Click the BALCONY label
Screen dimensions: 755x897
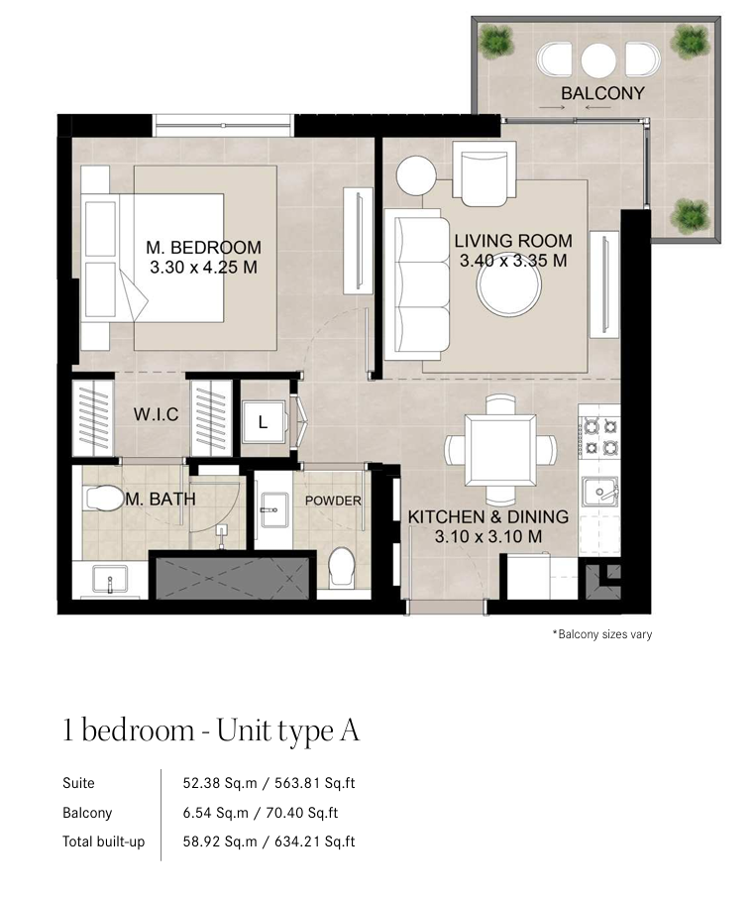click(602, 93)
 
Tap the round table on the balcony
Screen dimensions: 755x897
click(598, 59)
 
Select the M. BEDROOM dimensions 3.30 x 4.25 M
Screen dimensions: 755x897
click(204, 268)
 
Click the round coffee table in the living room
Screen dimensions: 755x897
click(509, 287)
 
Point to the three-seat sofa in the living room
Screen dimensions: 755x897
click(417, 284)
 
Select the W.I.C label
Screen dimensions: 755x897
click(157, 414)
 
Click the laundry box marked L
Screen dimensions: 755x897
click(264, 422)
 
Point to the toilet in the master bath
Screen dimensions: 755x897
click(104, 499)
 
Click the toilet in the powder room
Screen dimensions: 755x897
click(342, 566)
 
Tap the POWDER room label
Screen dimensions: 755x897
click(333, 501)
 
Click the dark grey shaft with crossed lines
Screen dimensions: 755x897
click(232, 579)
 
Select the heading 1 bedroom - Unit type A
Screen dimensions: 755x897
click(211, 730)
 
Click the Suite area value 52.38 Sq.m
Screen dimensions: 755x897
click(220, 783)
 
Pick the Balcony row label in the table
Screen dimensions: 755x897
click(87, 813)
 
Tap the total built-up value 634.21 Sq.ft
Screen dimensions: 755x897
click(315, 842)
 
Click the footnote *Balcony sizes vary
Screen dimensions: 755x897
click(602, 634)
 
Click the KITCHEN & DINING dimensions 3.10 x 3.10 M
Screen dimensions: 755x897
click(488, 536)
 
